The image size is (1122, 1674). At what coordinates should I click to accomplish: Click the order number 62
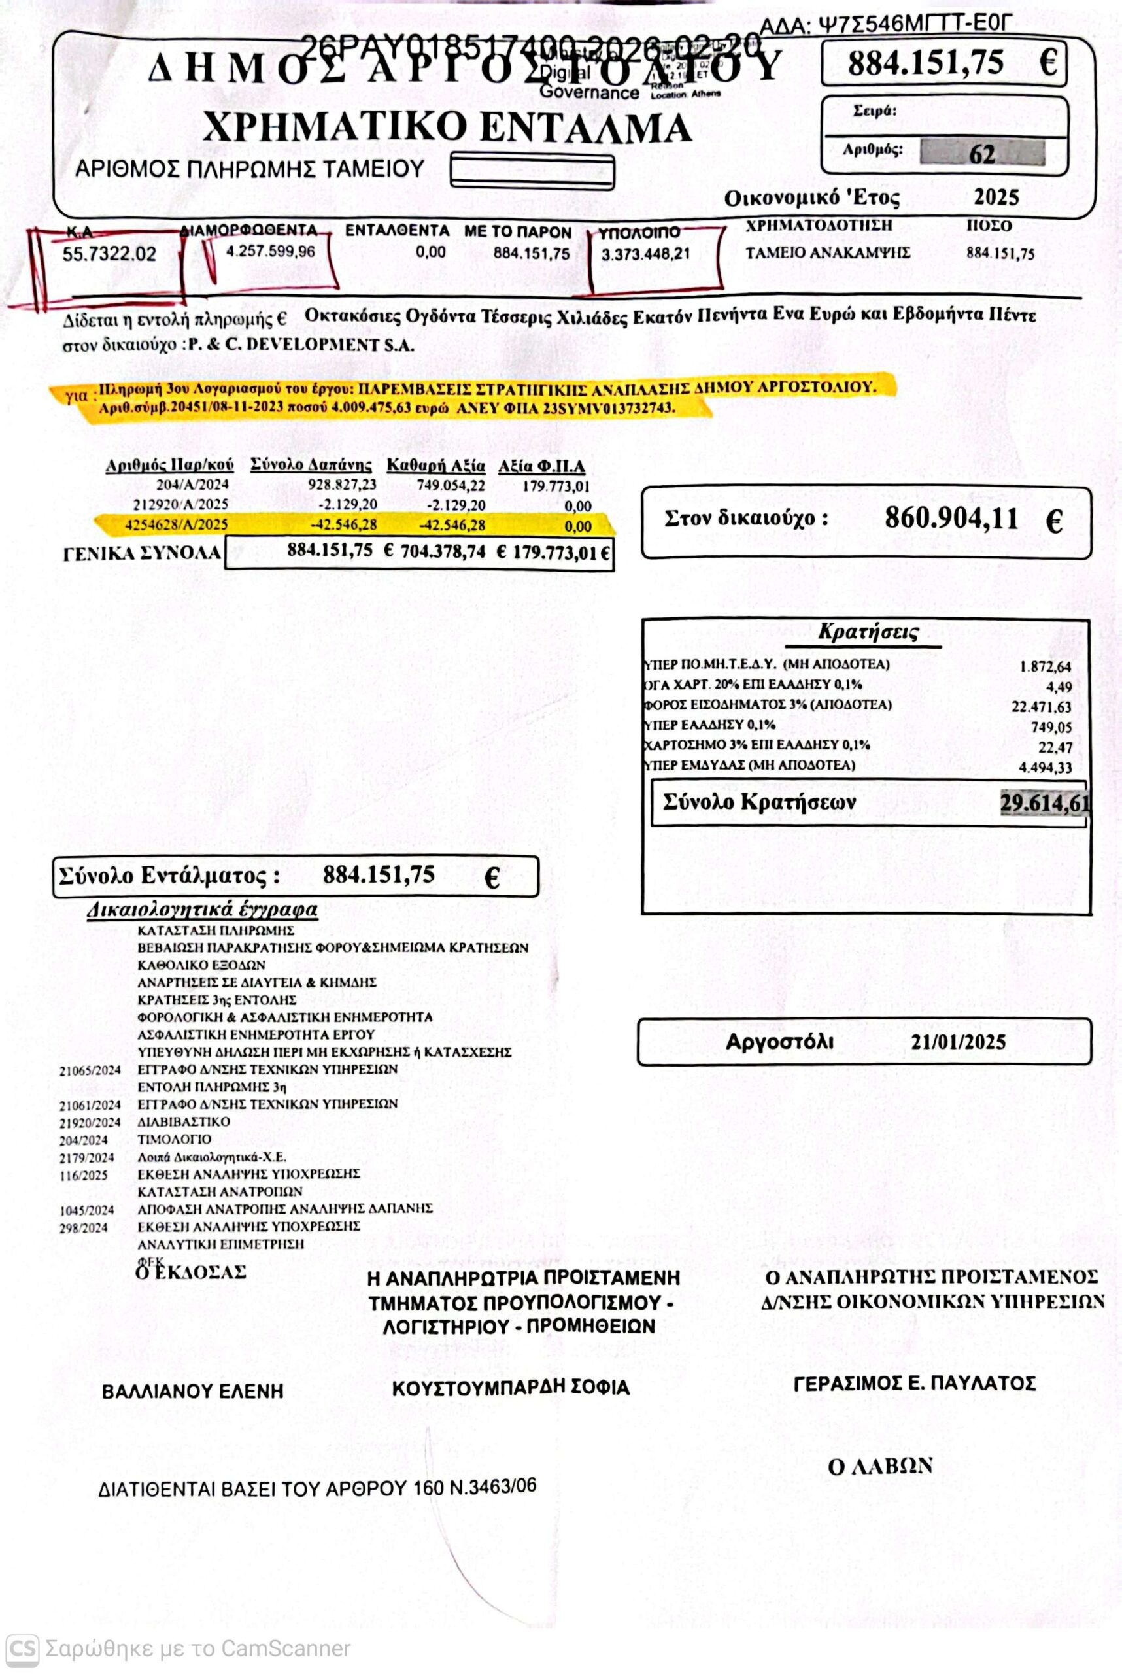tap(982, 154)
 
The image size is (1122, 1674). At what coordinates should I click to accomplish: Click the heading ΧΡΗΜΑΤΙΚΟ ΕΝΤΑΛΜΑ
tap(447, 128)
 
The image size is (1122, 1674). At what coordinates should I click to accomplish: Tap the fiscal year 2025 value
tap(996, 197)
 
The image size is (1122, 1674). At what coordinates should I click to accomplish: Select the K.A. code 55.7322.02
tap(109, 254)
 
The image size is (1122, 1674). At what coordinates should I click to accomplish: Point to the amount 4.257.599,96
tap(270, 251)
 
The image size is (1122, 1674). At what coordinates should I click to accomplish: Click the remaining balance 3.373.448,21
tap(645, 254)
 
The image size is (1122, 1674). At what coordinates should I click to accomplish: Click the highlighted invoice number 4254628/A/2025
tap(176, 524)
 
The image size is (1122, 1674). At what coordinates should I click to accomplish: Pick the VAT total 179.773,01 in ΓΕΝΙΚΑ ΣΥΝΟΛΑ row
tap(560, 553)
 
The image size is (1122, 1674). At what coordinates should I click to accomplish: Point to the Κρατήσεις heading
tap(868, 632)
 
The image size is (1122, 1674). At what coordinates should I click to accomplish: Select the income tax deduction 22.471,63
tap(1041, 707)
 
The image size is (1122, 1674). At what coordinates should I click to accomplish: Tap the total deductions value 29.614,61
tap(1044, 803)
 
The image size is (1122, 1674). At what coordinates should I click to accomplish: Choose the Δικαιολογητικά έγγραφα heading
tap(203, 910)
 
